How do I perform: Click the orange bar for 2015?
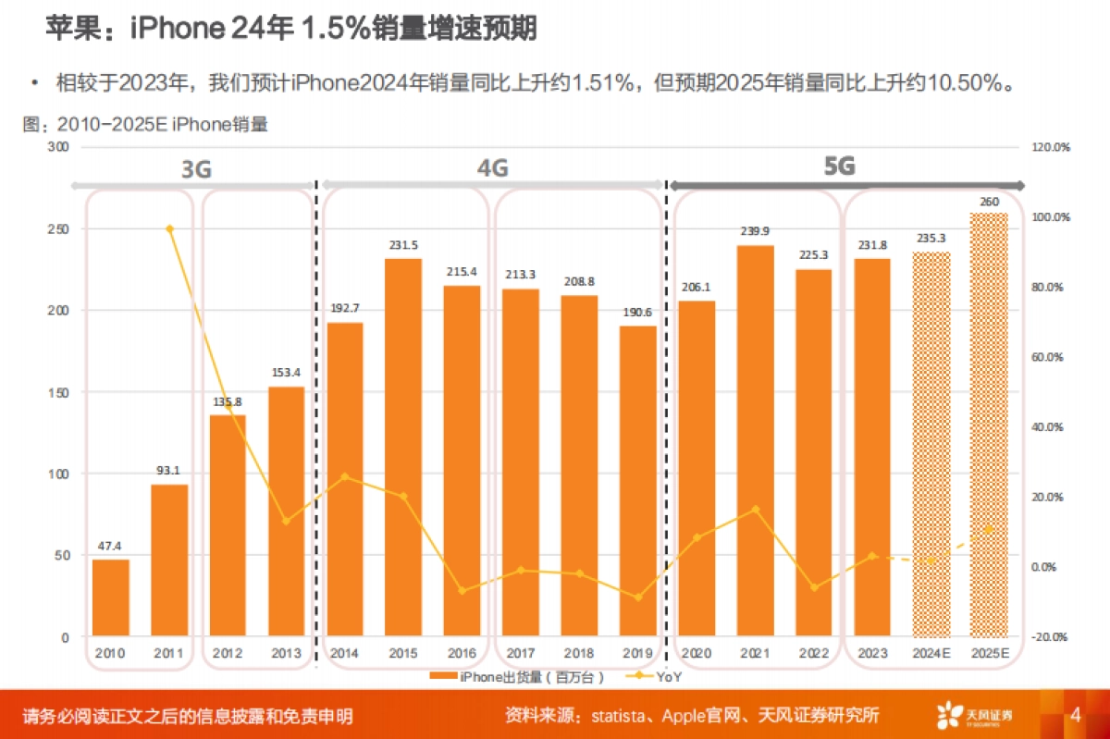click(402, 448)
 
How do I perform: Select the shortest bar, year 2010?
click(110, 597)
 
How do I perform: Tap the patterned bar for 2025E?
click(988, 425)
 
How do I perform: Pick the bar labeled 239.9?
click(755, 441)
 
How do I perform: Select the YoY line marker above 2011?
click(169, 228)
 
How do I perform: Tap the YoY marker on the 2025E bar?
click(988, 529)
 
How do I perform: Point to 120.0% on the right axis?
click(1051, 147)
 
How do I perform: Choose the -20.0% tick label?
click(1051, 637)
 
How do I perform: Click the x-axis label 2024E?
click(930, 654)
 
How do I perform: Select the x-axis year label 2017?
click(521, 654)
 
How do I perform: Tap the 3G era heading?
click(196, 169)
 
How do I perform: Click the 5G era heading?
click(840, 166)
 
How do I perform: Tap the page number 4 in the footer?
click(1075, 715)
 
